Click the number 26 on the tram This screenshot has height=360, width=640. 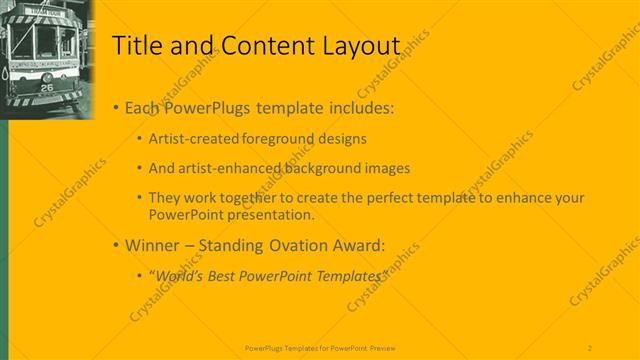pos(46,86)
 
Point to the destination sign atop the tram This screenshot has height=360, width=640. pos(44,12)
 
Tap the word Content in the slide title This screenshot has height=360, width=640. pos(265,45)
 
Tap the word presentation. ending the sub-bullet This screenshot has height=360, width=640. pos(271,214)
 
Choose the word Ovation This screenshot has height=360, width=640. pos(299,244)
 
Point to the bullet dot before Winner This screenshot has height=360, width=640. pos(116,244)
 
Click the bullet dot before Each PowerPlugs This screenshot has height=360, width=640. pos(116,107)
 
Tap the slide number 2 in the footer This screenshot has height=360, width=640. pos(590,347)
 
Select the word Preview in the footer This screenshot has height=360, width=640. pos(379,347)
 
